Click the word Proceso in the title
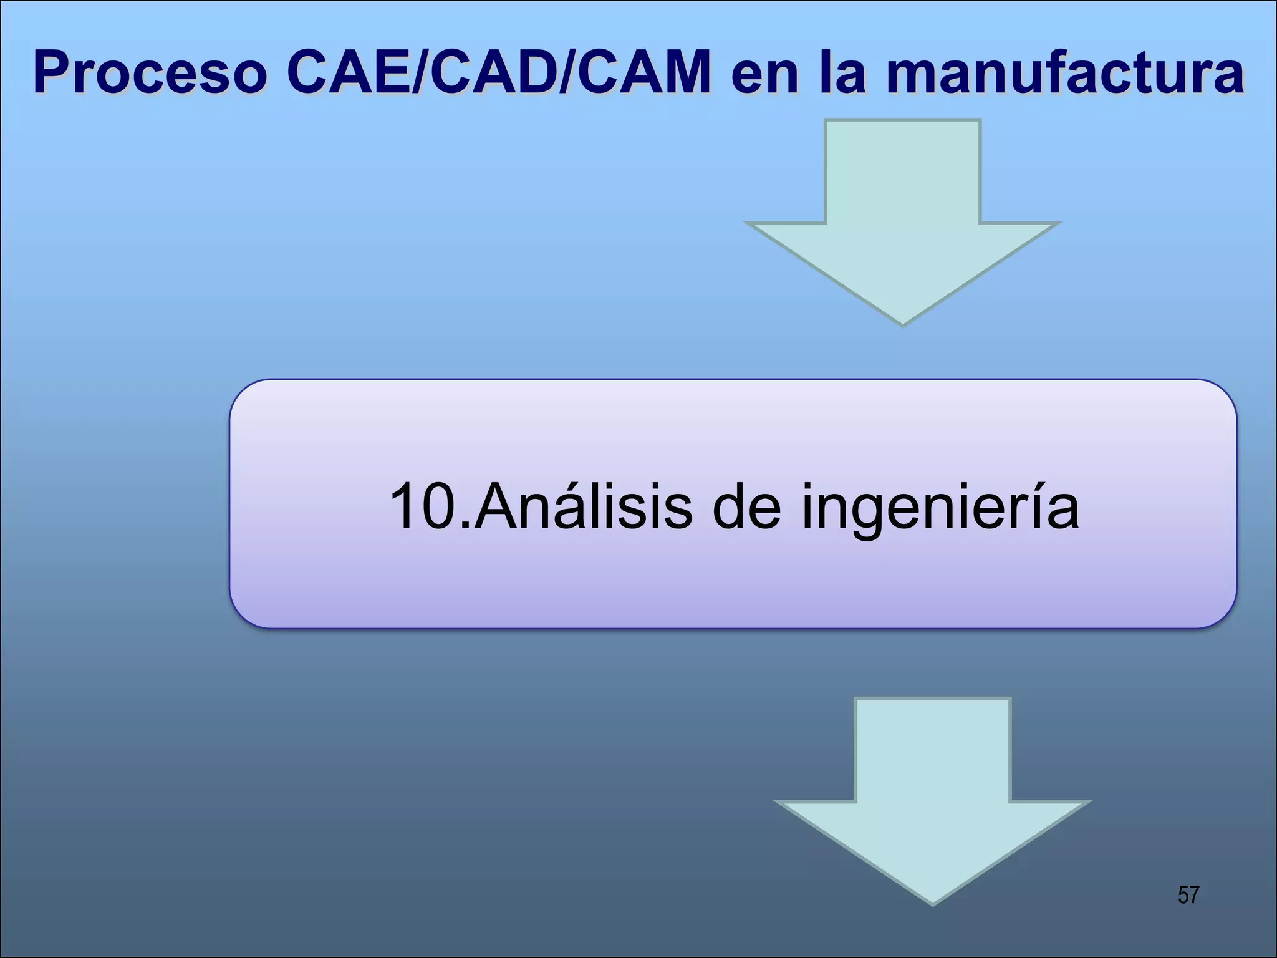150,74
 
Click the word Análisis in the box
583,506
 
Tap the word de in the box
746,506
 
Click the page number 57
1188,895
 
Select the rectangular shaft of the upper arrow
902,172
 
